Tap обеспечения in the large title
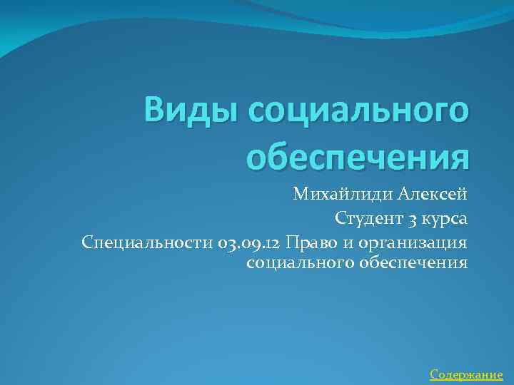[x=357, y=156]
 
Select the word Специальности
[x=146, y=242]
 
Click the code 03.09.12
[x=248, y=242]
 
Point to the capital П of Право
[x=291, y=242]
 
